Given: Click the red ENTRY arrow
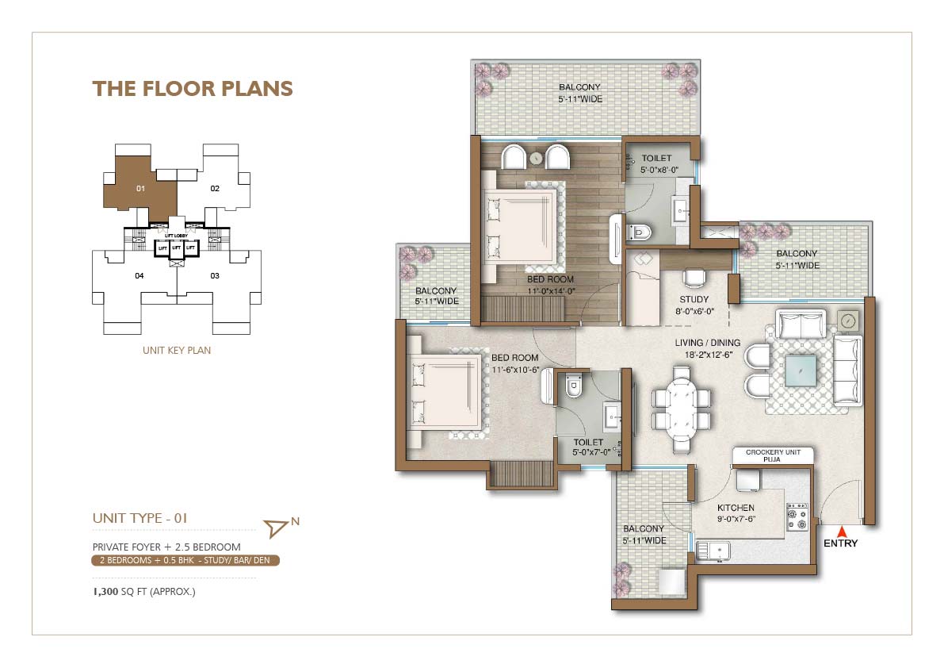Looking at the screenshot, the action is (842, 532).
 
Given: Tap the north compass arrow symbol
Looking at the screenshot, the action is (276, 528).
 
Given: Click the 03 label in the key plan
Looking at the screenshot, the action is (215, 276).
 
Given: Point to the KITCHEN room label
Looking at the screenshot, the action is (736, 508).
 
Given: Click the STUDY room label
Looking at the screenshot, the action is (694, 299).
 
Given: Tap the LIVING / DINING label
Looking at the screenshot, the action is (707, 343).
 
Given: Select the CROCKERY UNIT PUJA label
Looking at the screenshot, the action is (773, 455).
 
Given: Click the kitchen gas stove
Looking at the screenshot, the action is (797, 517).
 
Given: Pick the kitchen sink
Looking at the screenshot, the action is (713, 551).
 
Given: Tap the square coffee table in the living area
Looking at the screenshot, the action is (801, 370).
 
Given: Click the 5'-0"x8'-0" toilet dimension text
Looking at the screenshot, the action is (659, 170).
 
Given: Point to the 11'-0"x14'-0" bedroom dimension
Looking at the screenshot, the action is (551, 291).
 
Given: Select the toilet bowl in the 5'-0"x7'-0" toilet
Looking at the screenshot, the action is (574, 386).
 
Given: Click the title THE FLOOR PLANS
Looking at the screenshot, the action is (193, 89).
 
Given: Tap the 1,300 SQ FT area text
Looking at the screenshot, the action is (144, 592).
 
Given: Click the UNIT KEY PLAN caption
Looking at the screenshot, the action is (177, 350).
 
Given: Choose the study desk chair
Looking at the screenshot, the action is (694, 278).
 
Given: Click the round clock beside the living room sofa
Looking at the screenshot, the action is (847, 321).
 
